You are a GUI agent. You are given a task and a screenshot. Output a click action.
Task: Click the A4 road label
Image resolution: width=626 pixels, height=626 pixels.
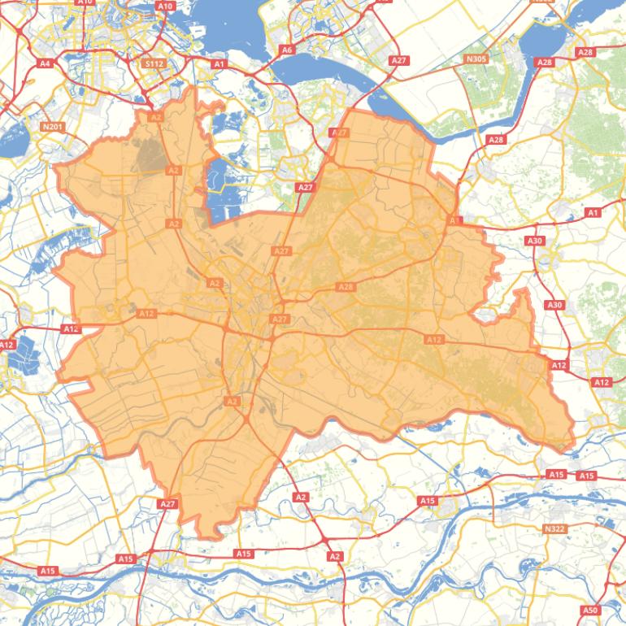pos(46,63)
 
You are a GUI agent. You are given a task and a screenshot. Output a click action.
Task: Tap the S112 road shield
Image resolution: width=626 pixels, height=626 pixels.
pos(152,63)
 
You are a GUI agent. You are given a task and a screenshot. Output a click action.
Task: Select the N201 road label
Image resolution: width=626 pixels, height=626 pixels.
pos(51,127)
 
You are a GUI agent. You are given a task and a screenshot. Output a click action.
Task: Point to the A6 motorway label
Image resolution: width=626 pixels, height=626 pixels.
pos(286,50)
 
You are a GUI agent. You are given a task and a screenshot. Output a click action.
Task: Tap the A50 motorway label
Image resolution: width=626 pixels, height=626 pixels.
pos(590,610)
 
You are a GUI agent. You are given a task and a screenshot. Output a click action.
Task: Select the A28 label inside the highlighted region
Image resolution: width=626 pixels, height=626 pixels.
pos(346,287)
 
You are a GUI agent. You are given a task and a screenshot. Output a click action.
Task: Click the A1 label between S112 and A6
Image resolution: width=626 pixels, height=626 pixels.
pos(219,63)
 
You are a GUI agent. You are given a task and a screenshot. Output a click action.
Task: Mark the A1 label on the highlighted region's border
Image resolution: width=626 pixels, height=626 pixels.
pos(453,220)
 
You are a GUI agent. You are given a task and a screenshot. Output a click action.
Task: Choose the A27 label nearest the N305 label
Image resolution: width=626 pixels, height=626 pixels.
pos(398,61)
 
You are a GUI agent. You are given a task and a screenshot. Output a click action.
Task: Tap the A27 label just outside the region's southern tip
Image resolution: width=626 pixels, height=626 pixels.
pos(167,504)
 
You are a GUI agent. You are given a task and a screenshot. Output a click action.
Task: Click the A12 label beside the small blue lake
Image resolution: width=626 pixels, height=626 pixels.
pos(7,345)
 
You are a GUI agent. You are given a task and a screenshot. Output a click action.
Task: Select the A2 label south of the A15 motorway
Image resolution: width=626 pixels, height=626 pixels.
pos(334,556)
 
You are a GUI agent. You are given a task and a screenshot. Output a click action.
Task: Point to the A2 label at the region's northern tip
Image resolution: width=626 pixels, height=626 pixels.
pos(156,117)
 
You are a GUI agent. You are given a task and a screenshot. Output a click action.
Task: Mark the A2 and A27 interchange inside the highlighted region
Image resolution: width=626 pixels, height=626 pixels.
pos(245,418)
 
